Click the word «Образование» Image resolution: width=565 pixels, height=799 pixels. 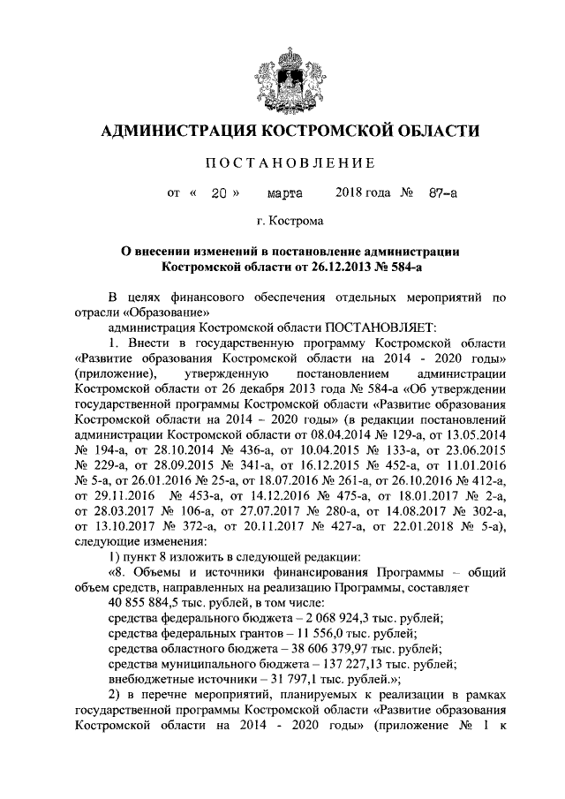[168, 311]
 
